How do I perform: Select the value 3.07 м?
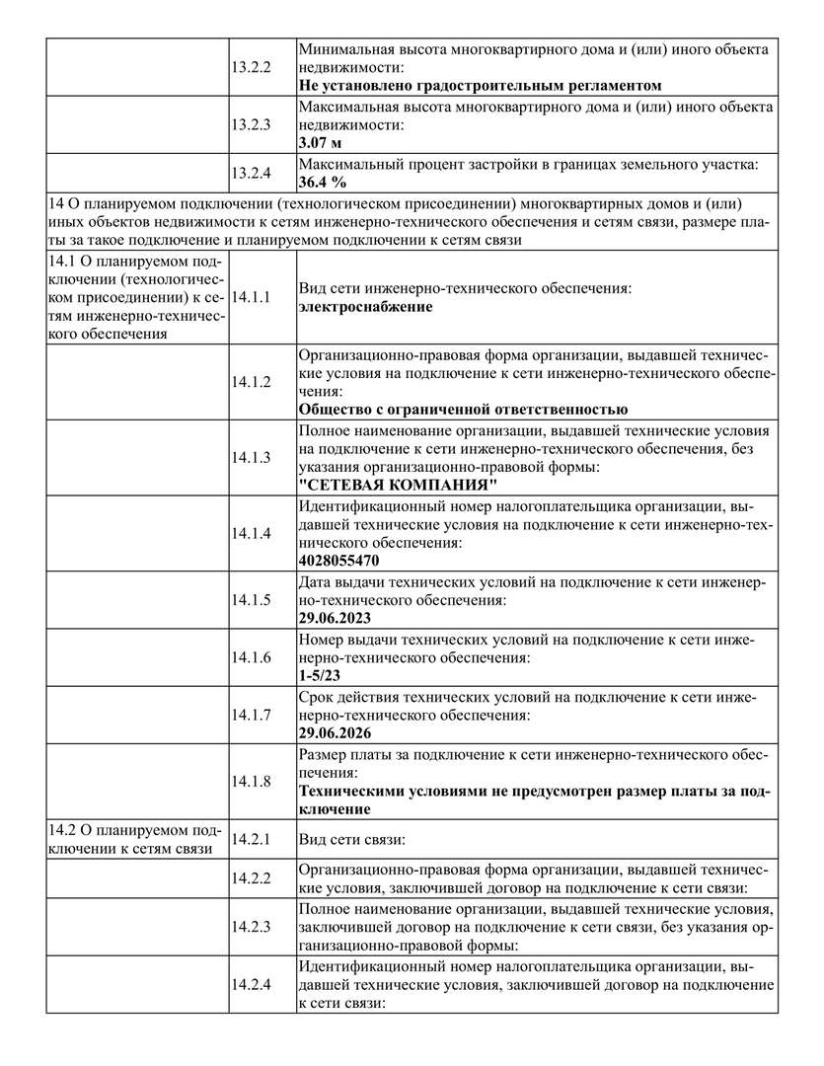pos(320,143)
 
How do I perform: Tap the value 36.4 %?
pos(323,183)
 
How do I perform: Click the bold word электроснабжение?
pos(365,307)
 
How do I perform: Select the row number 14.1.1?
pos(251,296)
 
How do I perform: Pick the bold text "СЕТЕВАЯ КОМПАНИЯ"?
pos(398,485)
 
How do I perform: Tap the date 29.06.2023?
pos(335,617)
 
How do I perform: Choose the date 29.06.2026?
pos(335,733)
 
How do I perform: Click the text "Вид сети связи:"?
pos(352,839)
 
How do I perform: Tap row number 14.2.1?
pos(251,839)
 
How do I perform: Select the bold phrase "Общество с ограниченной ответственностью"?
pos(463,410)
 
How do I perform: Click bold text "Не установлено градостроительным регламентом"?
pos(480,86)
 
